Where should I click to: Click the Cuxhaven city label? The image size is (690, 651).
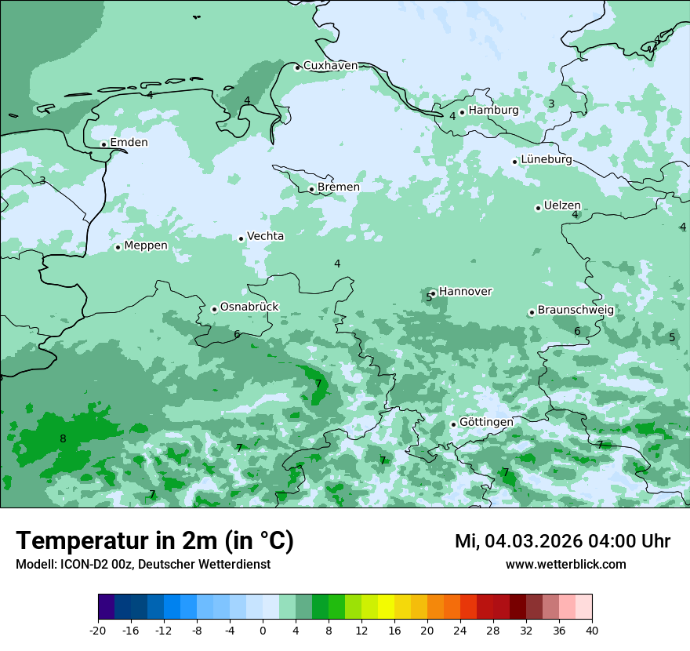330,66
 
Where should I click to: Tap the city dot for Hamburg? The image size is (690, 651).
463,112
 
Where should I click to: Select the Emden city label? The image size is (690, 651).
129,143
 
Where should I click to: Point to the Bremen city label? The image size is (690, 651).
339,187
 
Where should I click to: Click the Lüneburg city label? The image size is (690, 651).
547,160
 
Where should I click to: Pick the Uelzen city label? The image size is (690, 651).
562,206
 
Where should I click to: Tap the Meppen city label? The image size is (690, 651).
146,245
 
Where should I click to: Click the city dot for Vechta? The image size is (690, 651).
241,238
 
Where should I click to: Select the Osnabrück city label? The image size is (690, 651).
249,307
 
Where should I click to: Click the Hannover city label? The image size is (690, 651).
465,292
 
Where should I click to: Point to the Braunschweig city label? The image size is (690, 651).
576,311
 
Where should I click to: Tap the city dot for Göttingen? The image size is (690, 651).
453,424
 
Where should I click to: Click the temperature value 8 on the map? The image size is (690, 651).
63,438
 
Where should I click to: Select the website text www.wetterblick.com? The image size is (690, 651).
565,565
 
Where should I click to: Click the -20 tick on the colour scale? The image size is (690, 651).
98,630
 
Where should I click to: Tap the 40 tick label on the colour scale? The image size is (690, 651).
592,630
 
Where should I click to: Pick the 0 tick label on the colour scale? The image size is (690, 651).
263,630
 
